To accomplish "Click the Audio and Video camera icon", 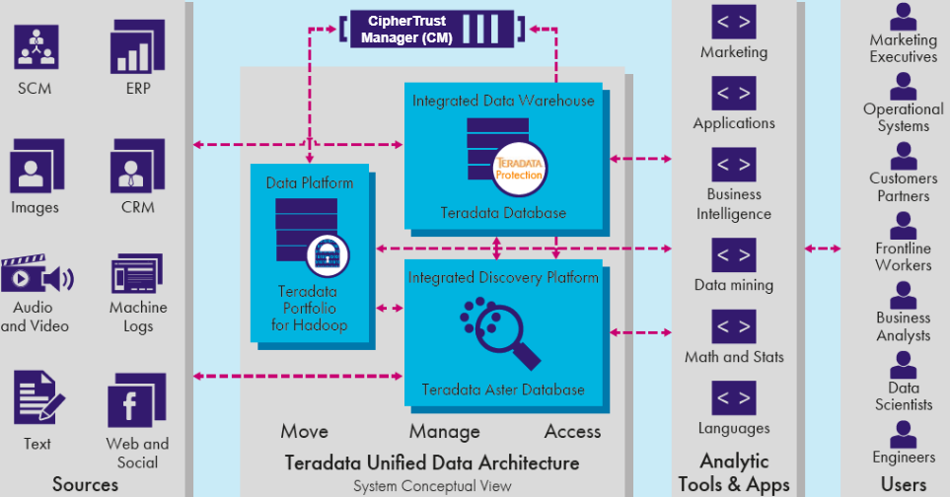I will [x=37, y=277].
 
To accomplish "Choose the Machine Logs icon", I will [x=136, y=275].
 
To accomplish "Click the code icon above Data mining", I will [x=734, y=255].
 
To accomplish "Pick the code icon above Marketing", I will [x=734, y=22].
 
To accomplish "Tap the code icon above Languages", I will [x=734, y=398].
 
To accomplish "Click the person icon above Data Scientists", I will [x=903, y=366].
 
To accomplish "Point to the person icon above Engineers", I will [x=903, y=434].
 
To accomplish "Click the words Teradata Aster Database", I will [x=503, y=390].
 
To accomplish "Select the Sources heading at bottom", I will [x=85, y=483].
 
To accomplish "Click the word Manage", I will [x=444, y=431].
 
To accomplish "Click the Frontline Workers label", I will [x=903, y=256].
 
